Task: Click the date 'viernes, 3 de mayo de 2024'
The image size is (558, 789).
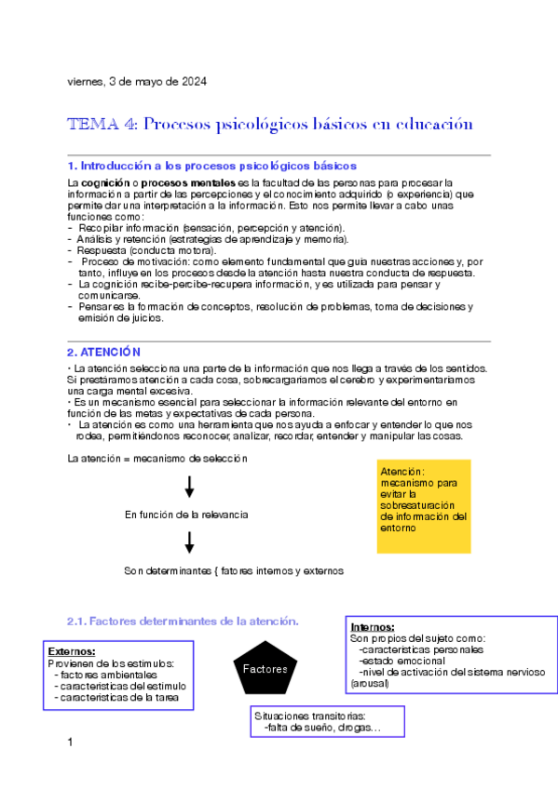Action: (137, 81)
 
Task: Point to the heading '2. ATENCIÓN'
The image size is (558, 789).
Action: (103, 352)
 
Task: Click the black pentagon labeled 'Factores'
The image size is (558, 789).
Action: (265, 668)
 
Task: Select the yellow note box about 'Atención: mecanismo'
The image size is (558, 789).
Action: (424, 506)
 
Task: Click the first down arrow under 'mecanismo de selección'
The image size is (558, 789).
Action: (189, 487)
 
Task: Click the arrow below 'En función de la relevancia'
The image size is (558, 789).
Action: (189, 542)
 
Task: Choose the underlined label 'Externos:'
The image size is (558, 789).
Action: (72, 651)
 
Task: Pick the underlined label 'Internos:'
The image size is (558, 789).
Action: (372, 627)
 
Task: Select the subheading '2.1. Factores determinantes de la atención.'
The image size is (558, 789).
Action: (183, 622)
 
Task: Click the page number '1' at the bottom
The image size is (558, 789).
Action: (71, 742)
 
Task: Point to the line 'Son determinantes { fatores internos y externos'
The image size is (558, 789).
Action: (234, 570)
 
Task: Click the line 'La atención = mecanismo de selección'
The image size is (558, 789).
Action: (158, 459)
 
